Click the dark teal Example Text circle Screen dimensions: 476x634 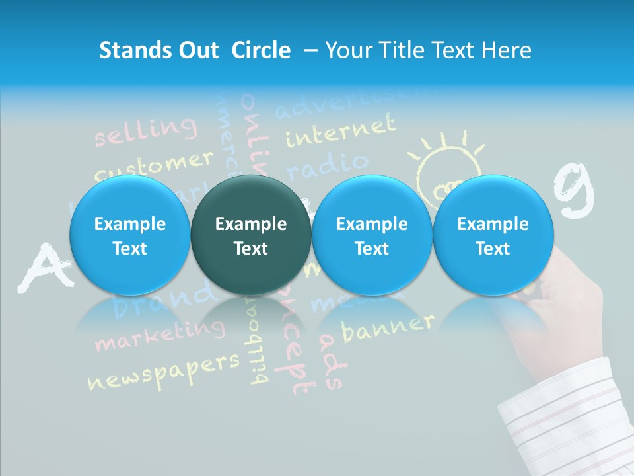tap(251, 235)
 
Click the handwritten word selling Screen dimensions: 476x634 tap(145, 130)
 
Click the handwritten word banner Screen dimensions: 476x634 tap(388, 326)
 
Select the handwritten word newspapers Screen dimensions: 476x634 tap(163, 370)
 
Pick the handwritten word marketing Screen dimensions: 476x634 tap(158, 335)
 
